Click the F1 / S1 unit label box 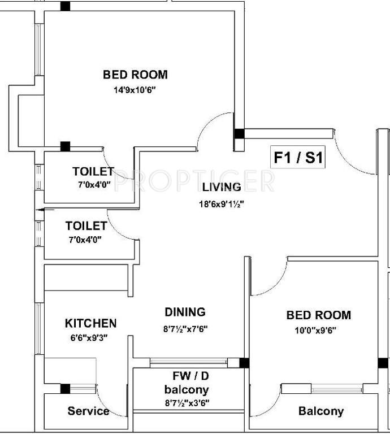click(298, 158)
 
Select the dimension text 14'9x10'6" click(135, 89)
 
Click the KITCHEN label click(91, 323)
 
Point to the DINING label click(185, 312)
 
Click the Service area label click(88, 411)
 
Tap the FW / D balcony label click(187, 383)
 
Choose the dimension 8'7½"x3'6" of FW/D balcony click(187, 404)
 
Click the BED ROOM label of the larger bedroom click(135, 75)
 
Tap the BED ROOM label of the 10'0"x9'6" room click(318, 315)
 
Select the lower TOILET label click(86, 226)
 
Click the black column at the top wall click(66, 6)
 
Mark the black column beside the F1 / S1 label click(239, 134)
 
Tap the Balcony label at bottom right click(320, 411)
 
